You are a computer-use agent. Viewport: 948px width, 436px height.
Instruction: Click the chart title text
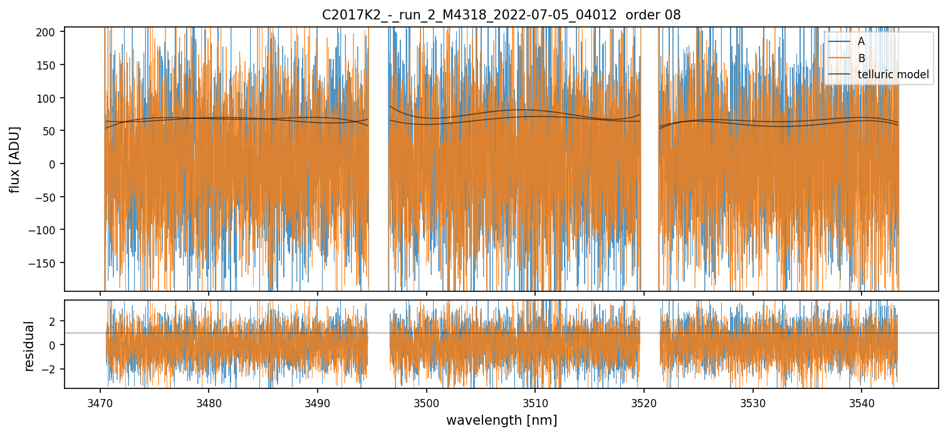[x=501, y=14]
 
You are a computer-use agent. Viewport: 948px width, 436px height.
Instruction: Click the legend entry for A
[x=861, y=41]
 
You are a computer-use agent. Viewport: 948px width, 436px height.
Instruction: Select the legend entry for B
[x=861, y=58]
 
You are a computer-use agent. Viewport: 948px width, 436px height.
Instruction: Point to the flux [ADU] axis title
[x=14, y=159]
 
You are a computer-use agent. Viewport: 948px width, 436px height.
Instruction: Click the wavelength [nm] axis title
[x=501, y=420]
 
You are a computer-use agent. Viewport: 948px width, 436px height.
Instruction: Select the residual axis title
[x=29, y=346]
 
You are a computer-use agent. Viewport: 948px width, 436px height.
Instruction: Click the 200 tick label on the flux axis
[x=49, y=32]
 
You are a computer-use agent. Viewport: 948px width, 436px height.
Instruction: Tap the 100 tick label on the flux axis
[x=49, y=98]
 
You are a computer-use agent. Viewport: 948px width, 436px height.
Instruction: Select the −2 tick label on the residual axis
[x=51, y=369]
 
